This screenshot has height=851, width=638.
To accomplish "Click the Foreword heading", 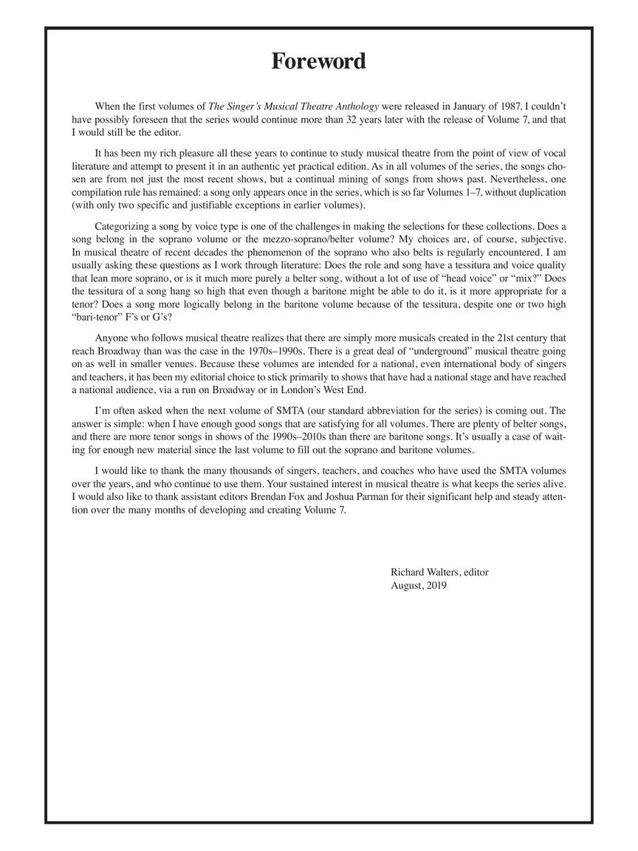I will [x=318, y=61].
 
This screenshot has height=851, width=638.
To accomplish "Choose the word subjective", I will [x=540, y=239].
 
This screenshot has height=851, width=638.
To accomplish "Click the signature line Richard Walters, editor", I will [x=439, y=573].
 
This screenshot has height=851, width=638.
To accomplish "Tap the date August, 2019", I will [x=419, y=586].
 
